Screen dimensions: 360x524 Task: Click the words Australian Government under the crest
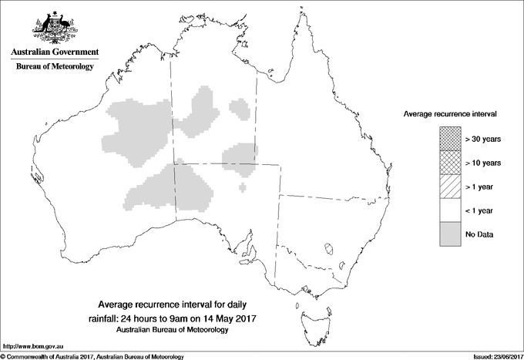(x=54, y=52)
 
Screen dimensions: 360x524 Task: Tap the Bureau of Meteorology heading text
(x=54, y=67)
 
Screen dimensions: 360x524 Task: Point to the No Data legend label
(x=480, y=234)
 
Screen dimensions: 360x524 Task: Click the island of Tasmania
(x=307, y=314)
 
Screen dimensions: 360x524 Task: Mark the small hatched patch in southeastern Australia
(x=329, y=248)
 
